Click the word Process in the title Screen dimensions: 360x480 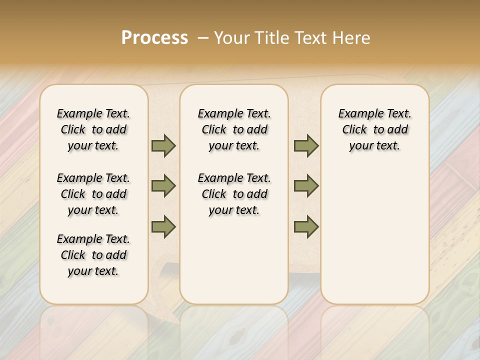click(154, 37)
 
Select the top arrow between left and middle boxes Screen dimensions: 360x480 click(163, 146)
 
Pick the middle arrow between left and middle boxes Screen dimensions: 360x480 click(163, 186)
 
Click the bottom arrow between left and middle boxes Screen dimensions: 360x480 click(163, 226)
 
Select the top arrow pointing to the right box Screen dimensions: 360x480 click(306, 146)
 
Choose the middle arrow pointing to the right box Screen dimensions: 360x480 click(306, 186)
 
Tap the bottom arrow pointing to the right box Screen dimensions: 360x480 click(306, 226)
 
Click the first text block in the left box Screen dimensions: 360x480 click(93, 129)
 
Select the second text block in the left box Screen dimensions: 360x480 click(93, 194)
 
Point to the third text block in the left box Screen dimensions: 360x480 click(93, 255)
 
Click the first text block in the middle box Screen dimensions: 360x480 click(234, 129)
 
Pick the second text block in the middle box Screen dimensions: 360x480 click(234, 194)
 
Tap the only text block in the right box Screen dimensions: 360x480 click(374, 129)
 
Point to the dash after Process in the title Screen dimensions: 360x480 click(202, 38)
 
